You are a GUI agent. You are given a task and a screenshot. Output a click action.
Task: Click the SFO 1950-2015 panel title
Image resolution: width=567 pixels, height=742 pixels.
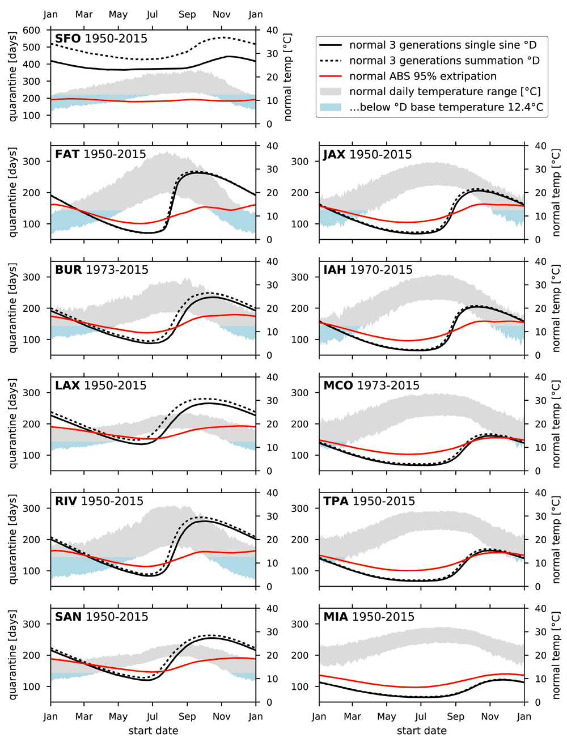[101, 39]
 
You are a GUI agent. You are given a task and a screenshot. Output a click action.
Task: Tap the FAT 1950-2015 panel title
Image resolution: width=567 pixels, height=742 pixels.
[100, 154]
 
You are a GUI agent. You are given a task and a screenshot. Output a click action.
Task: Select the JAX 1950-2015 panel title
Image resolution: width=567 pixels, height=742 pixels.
[367, 154]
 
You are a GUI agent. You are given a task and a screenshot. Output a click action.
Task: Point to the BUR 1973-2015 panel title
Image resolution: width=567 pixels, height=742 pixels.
[101, 270]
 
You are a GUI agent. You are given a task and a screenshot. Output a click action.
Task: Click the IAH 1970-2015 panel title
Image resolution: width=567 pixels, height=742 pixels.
[368, 270]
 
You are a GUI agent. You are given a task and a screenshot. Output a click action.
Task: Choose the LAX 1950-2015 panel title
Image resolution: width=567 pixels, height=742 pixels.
[100, 385]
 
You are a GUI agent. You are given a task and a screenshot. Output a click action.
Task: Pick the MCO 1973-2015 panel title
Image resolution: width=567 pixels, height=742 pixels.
[371, 385]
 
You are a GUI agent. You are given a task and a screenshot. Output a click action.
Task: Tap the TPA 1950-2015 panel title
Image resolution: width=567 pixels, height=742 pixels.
[369, 501]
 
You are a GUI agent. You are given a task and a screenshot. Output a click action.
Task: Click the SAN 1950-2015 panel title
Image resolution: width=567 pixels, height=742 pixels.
[101, 617]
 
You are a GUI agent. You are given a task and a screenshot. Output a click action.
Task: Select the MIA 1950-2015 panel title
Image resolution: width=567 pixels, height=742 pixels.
[369, 617]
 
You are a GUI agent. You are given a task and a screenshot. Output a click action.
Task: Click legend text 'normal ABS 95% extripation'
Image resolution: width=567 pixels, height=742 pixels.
[423, 77]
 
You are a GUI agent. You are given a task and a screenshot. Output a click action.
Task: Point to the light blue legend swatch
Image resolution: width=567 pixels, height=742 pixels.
[331, 107]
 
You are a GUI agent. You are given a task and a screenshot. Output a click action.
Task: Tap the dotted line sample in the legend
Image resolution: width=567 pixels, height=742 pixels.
[331, 61]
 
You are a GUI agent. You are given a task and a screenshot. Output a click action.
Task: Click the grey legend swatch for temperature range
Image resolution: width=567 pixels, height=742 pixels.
[331, 92]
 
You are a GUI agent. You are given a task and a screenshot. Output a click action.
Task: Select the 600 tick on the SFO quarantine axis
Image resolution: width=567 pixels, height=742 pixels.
[32, 30]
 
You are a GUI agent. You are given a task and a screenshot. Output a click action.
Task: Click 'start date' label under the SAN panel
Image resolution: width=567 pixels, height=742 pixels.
[153, 731]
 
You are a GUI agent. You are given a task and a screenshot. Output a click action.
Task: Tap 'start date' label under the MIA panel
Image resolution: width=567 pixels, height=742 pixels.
[421, 731]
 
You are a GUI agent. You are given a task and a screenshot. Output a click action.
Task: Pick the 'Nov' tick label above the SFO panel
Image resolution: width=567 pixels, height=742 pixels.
[222, 14]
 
